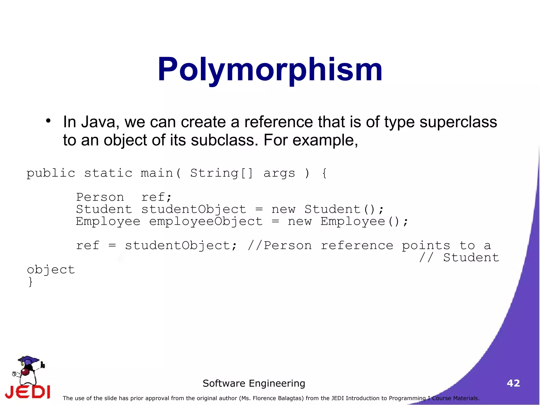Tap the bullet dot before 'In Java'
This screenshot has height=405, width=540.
(48, 121)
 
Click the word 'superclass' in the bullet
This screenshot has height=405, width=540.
(458, 122)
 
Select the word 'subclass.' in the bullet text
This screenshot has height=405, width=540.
(224, 140)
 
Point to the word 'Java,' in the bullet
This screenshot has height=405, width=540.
(100, 122)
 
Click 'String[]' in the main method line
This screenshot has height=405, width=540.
(221, 173)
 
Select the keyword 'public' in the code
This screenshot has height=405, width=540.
(51, 173)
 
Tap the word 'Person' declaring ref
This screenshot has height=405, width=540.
(100, 197)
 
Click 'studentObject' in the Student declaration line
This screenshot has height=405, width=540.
(194, 209)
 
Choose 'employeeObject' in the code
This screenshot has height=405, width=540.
(206, 221)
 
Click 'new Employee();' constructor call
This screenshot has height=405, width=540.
(348, 221)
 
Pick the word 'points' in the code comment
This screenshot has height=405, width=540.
(426, 246)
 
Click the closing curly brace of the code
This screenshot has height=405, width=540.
(31, 282)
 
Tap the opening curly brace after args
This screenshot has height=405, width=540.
(324, 173)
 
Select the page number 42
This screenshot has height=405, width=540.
(513, 383)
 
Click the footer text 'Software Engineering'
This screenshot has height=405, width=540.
(254, 383)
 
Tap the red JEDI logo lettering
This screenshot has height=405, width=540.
(28, 392)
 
